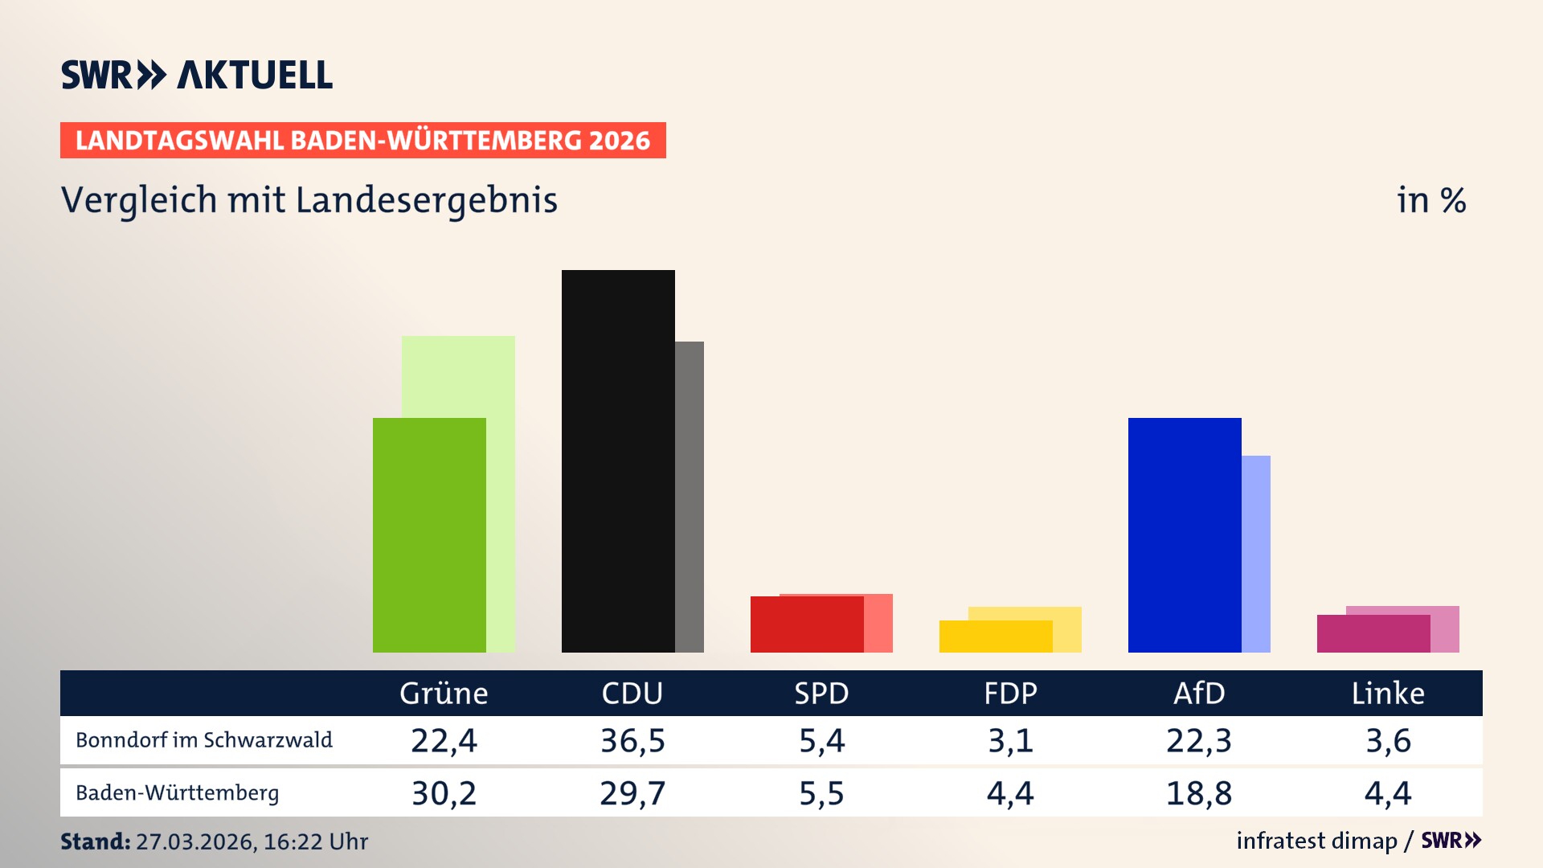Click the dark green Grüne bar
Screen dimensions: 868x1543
[x=429, y=534]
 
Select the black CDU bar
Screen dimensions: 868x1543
[x=618, y=461]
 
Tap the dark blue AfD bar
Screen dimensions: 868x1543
[x=1185, y=534]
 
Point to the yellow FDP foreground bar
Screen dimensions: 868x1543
[x=996, y=637]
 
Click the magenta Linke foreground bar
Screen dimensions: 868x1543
[x=1373, y=634]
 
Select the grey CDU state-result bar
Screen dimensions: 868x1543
[x=690, y=497]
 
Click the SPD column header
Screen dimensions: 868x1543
[x=821, y=694]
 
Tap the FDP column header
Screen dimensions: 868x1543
[x=1010, y=694]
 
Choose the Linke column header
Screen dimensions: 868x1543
[x=1388, y=694]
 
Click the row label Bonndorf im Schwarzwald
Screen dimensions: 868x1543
[x=204, y=740]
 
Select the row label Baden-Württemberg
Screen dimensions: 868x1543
[x=178, y=793]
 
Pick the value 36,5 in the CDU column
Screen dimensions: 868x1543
[x=632, y=740]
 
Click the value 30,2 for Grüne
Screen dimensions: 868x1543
[x=444, y=793]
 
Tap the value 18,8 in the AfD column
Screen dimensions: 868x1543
[x=1199, y=793]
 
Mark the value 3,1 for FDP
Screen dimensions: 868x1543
[x=1010, y=740]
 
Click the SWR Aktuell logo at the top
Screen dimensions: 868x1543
[x=197, y=75]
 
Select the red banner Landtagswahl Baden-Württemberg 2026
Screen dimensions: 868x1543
[x=362, y=141]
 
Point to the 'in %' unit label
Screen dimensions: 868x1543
[x=1430, y=201]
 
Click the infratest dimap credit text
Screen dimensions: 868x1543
[x=1316, y=841]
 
